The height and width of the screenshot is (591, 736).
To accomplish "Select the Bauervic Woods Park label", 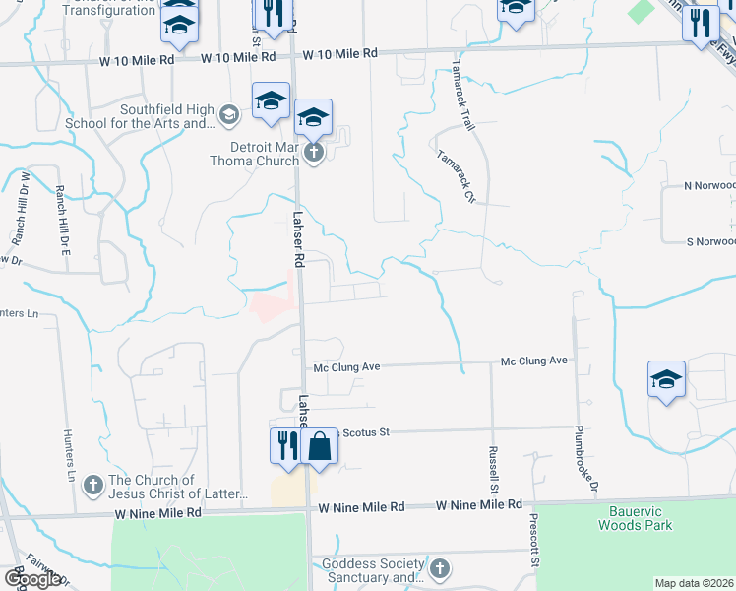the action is (x=636, y=518).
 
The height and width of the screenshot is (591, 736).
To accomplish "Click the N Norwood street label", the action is (x=709, y=185).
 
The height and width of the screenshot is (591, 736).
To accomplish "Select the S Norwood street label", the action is (x=709, y=241).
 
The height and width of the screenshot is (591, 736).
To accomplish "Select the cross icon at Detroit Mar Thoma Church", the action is (x=313, y=152).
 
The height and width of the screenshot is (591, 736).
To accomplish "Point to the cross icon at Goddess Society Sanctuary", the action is (x=439, y=568).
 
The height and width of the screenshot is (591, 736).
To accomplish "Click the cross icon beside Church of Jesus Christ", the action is (x=92, y=485).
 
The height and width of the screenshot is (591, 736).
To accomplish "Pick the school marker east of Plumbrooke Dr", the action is (x=666, y=379).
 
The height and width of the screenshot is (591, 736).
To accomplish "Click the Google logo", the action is (x=32, y=579).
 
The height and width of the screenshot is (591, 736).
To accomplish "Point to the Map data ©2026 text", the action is (x=695, y=583).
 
